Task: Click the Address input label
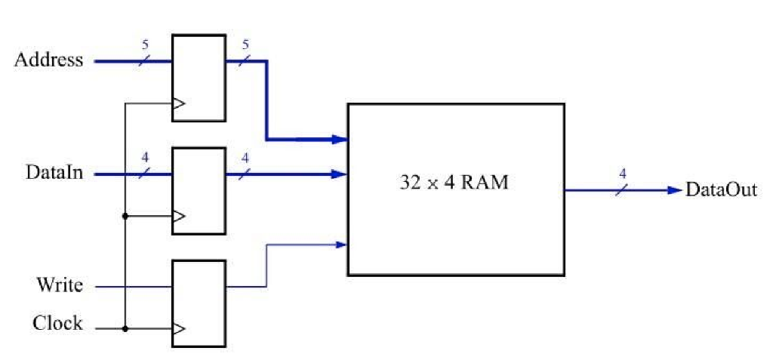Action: coord(49,60)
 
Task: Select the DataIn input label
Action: coord(54,174)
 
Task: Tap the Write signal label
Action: coord(60,286)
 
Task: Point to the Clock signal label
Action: coord(57,324)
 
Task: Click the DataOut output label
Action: coord(720,190)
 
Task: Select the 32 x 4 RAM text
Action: coord(454,183)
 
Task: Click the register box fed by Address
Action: coord(199,77)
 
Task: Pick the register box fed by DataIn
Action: coord(199,190)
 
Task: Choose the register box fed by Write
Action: coord(199,303)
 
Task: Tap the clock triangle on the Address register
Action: coord(178,104)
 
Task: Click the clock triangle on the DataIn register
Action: coord(178,217)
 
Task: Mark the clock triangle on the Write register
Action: coord(178,329)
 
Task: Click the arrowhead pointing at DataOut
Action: coord(675,190)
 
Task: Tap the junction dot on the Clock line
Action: coord(125,329)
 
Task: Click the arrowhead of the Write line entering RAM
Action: coord(341,244)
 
